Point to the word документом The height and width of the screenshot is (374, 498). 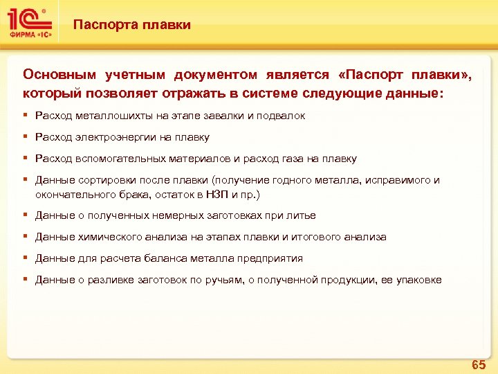point(216,74)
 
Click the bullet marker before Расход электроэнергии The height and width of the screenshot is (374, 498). point(26,137)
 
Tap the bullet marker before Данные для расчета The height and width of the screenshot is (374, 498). point(26,258)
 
